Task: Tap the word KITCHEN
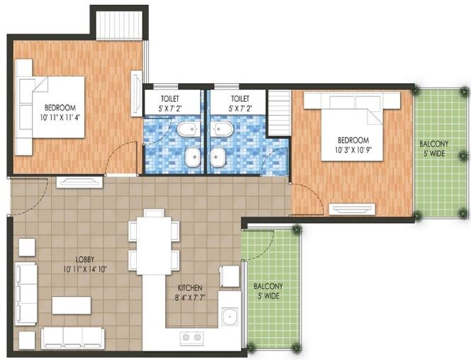(190, 288)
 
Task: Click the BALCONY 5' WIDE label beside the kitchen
(267, 291)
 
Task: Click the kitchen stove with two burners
(192, 338)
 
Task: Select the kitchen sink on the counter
(228, 317)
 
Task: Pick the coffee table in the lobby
(71, 305)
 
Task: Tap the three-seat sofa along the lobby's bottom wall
(73, 337)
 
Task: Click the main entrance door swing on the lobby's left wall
(28, 195)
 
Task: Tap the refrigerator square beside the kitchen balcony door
(229, 276)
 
